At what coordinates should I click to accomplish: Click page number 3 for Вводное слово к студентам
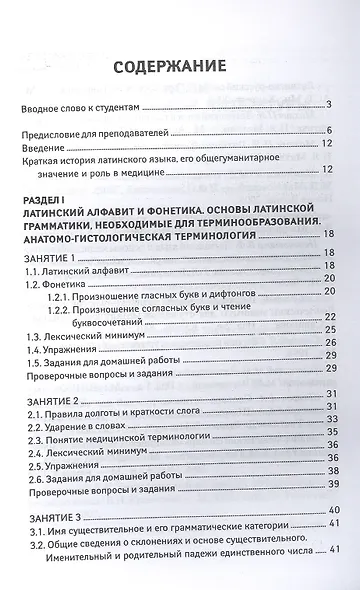341,105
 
